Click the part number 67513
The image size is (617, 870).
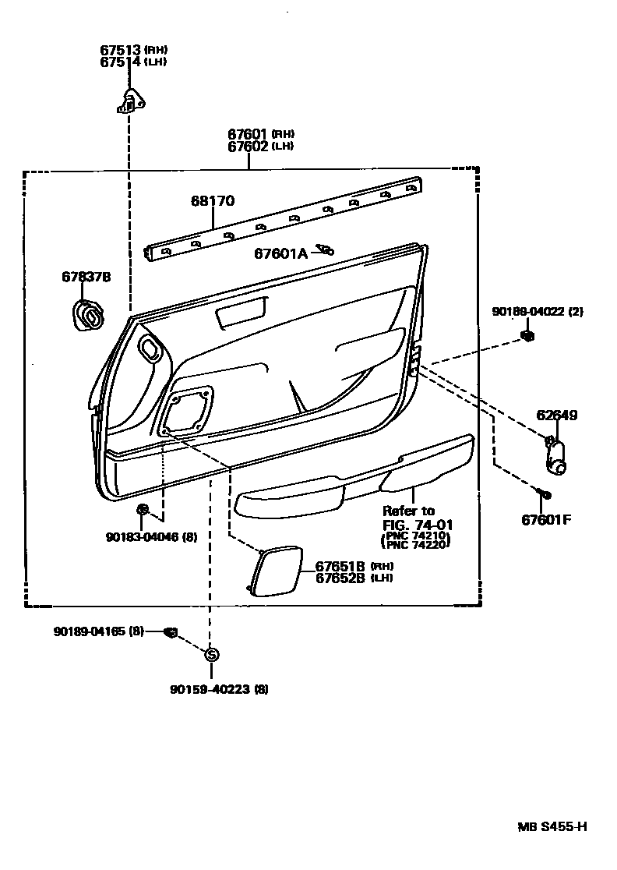pos(119,50)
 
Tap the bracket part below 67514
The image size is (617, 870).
pos(133,101)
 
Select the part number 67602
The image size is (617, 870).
pos(248,146)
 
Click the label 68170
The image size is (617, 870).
pos(213,201)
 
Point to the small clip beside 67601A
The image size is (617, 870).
pos(325,250)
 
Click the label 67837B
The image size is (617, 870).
pos(86,277)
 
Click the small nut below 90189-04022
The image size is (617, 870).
pos(527,337)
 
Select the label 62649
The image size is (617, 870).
pos(556,416)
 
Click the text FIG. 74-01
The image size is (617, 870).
pos(417,525)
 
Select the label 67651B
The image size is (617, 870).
pos(340,566)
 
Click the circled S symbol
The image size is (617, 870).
pos(211,655)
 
